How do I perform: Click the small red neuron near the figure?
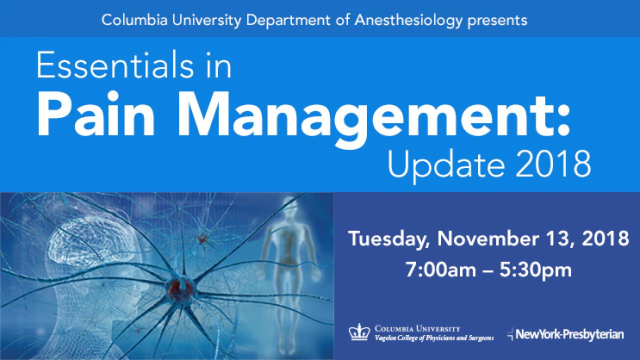202,239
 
